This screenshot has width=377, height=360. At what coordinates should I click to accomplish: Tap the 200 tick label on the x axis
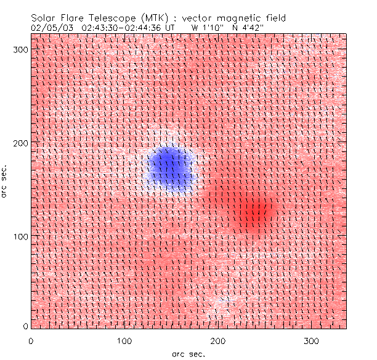click(x=217, y=340)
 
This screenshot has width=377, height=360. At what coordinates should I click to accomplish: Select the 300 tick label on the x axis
click(x=311, y=340)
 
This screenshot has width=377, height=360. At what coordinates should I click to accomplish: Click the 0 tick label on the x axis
click(x=31, y=340)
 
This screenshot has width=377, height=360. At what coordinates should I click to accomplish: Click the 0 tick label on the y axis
click(x=25, y=326)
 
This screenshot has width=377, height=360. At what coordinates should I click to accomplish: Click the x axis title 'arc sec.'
click(x=188, y=354)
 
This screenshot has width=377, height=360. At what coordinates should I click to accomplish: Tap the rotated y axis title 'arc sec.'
click(x=5, y=181)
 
